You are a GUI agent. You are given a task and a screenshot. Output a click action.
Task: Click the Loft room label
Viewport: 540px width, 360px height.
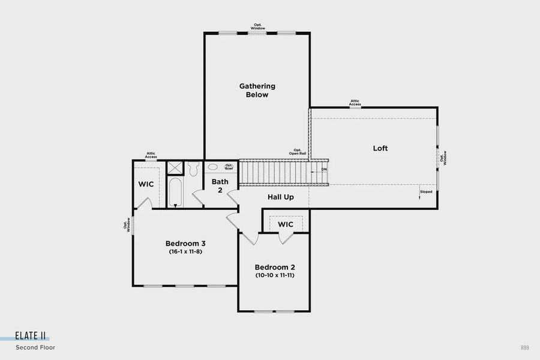[380, 148]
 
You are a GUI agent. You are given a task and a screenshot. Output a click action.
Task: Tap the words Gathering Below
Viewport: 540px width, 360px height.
[257, 91]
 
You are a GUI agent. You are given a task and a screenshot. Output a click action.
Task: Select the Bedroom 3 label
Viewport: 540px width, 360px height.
[185, 244]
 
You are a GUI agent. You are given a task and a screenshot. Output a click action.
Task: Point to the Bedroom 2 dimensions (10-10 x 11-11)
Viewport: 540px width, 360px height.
[274, 275]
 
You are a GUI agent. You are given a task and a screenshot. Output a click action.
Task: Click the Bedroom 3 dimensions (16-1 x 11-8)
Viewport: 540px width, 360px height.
[185, 252]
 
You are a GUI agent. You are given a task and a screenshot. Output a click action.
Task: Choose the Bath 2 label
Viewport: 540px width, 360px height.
[220, 185]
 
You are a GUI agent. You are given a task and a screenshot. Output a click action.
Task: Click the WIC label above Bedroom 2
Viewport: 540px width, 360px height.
[286, 224]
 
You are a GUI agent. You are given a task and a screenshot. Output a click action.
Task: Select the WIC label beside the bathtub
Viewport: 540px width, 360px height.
[146, 184]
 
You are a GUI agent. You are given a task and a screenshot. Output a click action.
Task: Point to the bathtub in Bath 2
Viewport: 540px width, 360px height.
[175, 193]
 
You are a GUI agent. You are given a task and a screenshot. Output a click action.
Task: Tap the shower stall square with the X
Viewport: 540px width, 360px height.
[175, 168]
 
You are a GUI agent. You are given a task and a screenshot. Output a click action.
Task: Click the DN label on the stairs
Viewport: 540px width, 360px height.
[324, 170]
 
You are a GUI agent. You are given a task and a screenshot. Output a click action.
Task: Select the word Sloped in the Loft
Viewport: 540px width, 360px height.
[425, 192]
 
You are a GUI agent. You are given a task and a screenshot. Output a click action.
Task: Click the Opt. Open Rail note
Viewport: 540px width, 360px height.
[297, 152]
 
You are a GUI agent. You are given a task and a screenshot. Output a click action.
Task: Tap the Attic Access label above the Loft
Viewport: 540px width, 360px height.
[355, 103]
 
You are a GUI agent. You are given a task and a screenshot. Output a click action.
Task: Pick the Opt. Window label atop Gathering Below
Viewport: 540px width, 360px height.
[257, 26]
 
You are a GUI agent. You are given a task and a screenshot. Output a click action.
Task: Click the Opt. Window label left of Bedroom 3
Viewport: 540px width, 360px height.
[127, 224]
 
